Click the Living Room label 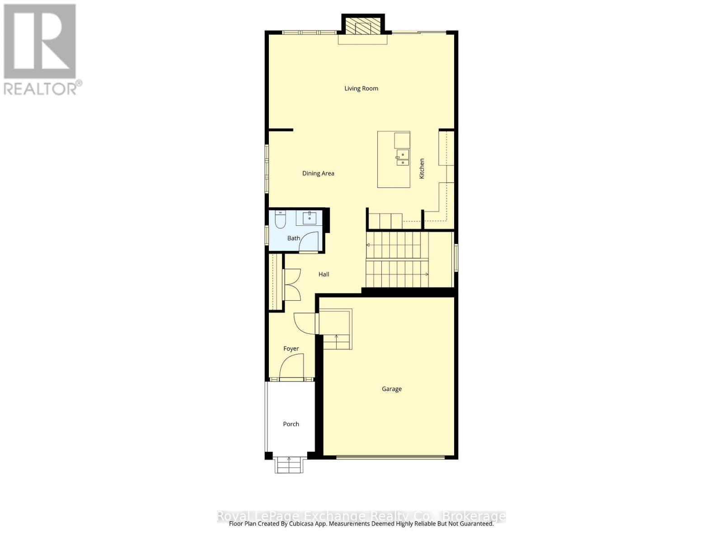click(x=361, y=89)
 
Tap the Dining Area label click(x=318, y=173)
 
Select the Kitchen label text click(x=422, y=168)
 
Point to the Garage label click(x=391, y=389)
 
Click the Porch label click(x=291, y=424)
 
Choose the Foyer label click(x=291, y=349)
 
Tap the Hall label click(x=324, y=274)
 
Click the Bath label click(x=293, y=238)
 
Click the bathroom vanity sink click(x=310, y=218)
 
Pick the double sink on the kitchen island click(x=403, y=158)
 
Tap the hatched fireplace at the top click(x=362, y=27)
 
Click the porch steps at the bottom click(x=289, y=465)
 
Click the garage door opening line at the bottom click(x=390, y=457)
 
